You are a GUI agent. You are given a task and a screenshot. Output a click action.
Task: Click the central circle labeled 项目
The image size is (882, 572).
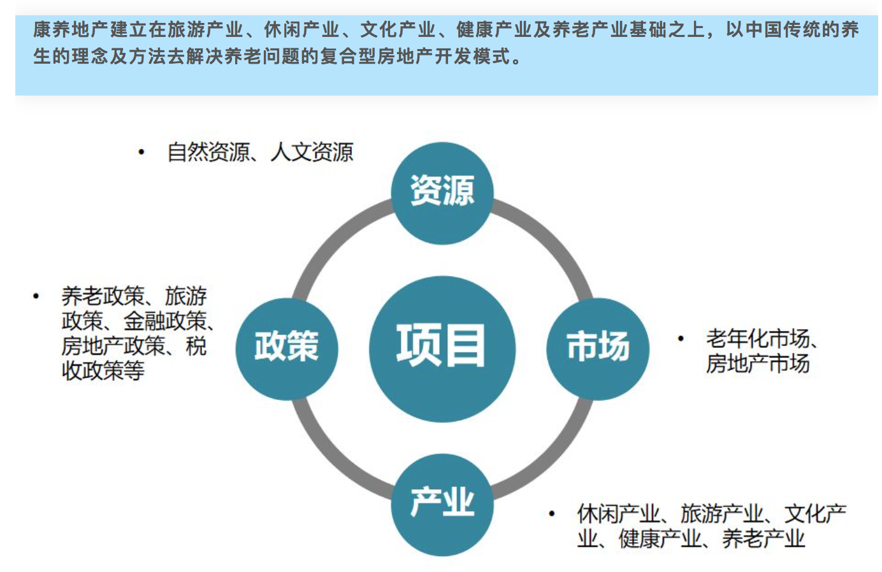click(x=442, y=349)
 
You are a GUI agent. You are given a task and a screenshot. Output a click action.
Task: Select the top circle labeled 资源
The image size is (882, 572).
click(x=442, y=193)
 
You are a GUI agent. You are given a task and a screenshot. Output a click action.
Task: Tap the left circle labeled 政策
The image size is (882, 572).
click(x=287, y=349)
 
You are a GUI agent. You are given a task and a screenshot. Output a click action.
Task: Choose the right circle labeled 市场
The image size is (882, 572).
click(x=598, y=349)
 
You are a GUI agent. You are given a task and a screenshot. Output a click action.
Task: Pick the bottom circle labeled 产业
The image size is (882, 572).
click(x=442, y=505)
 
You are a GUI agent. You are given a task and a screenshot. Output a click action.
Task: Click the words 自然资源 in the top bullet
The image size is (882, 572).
click(x=208, y=152)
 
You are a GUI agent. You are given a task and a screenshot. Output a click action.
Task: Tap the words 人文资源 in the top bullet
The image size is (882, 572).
click(x=312, y=152)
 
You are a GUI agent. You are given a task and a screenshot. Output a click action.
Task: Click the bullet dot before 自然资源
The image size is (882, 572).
click(x=141, y=152)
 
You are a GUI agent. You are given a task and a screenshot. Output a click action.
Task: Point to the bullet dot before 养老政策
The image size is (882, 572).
click(x=36, y=296)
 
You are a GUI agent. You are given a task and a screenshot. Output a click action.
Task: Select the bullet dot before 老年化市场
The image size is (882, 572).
click(x=681, y=339)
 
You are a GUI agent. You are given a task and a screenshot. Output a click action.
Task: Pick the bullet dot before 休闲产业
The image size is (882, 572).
click(x=552, y=513)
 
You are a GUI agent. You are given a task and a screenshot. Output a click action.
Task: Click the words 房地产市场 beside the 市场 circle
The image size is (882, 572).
click(x=758, y=363)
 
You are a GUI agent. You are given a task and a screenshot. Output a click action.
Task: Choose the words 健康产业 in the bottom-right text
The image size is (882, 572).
click(x=660, y=538)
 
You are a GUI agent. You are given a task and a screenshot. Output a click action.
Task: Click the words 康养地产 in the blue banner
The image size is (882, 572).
click(x=71, y=30)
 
